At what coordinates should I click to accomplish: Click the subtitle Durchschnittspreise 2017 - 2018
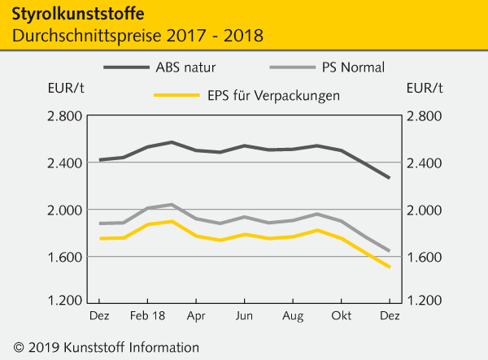click(x=137, y=37)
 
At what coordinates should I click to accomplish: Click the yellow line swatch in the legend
click(x=177, y=96)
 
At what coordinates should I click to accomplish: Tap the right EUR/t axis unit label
click(x=424, y=88)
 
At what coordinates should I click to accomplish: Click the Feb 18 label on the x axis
click(x=148, y=313)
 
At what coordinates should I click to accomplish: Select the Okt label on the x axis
click(x=341, y=313)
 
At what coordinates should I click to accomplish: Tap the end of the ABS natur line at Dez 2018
click(x=388, y=178)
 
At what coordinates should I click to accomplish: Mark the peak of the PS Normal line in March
click(x=171, y=205)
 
